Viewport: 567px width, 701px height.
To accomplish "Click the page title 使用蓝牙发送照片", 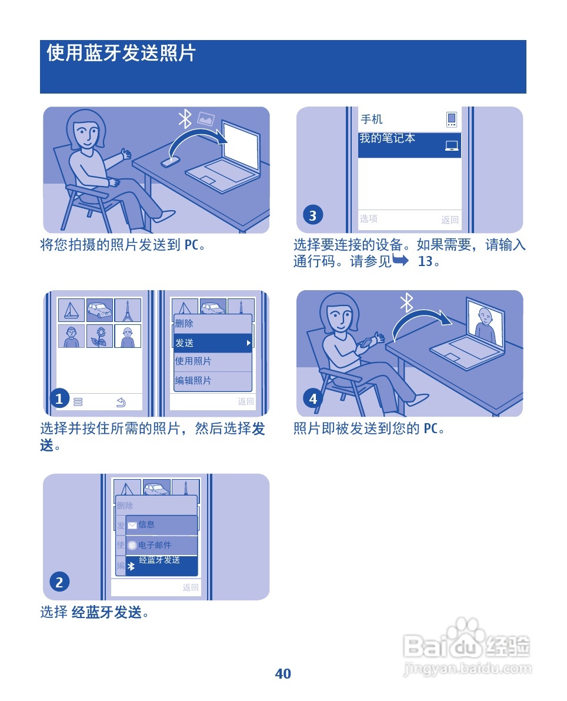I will click(x=121, y=54).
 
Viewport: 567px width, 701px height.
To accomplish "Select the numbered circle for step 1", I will click(x=59, y=399).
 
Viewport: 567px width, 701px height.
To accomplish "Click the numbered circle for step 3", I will click(x=312, y=215).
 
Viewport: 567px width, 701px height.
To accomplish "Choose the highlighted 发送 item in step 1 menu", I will click(x=212, y=343).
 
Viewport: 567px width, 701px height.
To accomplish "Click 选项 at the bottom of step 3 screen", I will click(x=369, y=219).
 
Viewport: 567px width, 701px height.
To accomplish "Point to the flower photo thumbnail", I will click(x=100, y=336).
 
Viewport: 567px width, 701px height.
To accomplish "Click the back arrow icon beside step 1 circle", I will click(x=121, y=402).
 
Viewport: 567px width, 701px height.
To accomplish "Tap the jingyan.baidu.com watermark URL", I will click(x=468, y=669).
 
